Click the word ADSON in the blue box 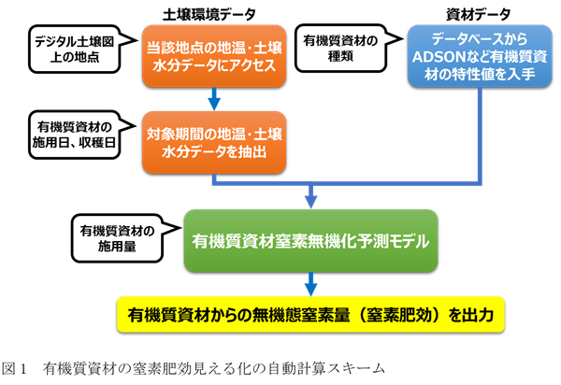(438, 56)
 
